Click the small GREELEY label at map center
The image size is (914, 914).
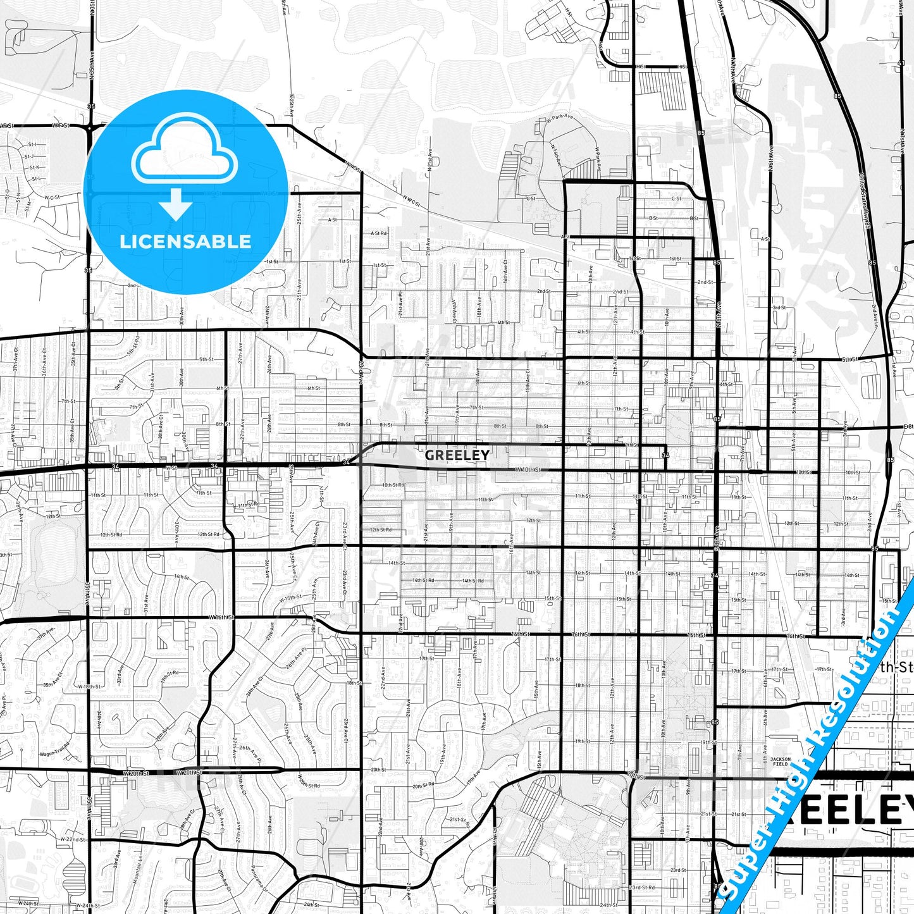tap(457, 455)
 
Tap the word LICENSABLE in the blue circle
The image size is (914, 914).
tap(185, 242)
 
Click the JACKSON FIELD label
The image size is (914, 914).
tap(780, 762)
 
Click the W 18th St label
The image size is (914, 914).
tap(89, 686)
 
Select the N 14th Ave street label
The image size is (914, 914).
tap(557, 155)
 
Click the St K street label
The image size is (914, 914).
tap(34, 168)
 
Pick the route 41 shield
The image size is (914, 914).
tap(901, 63)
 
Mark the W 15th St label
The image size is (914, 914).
tap(290, 598)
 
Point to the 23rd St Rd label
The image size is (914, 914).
tap(643, 887)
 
